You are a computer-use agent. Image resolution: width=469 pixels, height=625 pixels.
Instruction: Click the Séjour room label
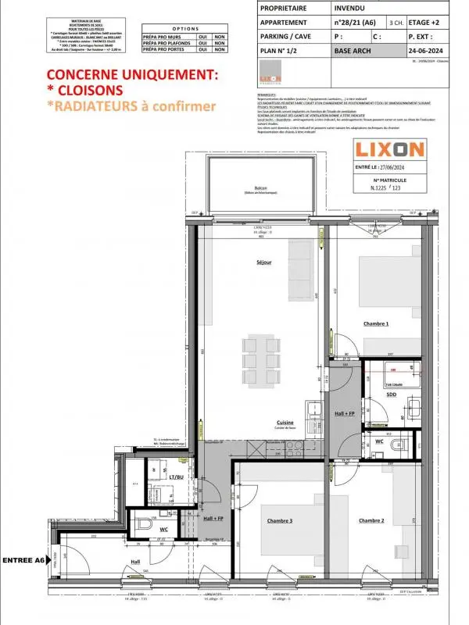[263, 263]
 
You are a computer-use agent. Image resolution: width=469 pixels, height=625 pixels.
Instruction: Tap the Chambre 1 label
[376, 323]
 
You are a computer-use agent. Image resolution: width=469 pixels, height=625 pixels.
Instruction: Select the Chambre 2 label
[373, 520]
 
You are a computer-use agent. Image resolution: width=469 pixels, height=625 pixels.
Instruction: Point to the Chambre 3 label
[280, 520]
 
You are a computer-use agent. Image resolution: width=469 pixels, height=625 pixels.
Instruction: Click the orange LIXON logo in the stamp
[380, 148]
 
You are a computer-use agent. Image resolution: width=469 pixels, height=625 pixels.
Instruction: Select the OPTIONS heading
[184, 26]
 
